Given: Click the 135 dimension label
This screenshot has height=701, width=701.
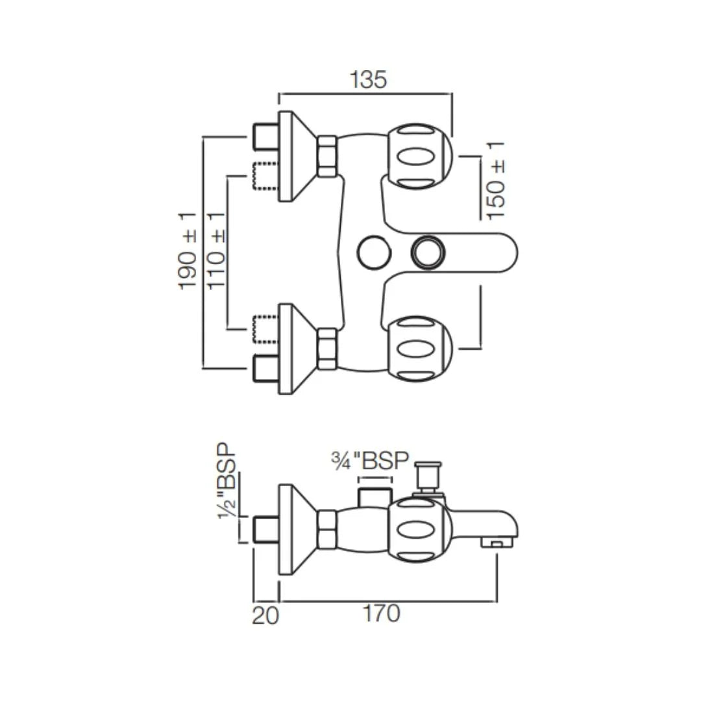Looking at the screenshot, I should click(368, 79).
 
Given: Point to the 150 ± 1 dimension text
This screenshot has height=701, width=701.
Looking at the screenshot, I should click(496, 180).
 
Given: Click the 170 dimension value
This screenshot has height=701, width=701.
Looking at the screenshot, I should click(382, 613).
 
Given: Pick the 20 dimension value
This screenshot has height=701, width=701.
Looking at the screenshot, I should click(265, 614).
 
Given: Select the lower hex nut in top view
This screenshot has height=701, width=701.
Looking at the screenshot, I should click(327, 349).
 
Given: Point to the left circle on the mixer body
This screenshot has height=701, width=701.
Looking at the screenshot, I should click(373, 252).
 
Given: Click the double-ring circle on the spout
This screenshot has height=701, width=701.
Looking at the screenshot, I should click(428, 252).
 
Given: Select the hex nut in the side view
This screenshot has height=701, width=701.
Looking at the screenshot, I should click(327, 528).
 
